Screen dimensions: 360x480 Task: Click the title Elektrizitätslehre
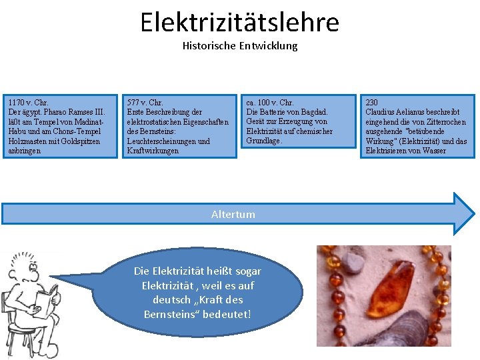point(239,22)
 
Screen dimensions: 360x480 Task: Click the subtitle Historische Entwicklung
point(239,46)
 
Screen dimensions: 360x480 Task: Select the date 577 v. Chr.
point(145,103)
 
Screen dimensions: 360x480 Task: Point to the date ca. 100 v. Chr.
point(270,103)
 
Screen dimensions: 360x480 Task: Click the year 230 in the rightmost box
point(372,103)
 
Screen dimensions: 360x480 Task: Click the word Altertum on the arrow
point(233,214)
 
